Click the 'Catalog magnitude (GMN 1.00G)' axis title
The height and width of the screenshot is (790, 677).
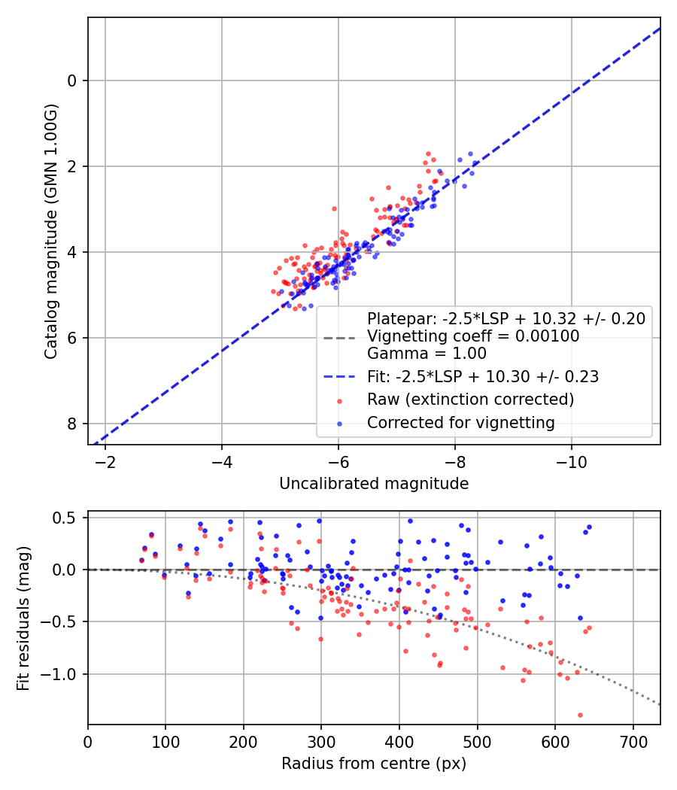51,232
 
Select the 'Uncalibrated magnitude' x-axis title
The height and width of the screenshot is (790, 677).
374,484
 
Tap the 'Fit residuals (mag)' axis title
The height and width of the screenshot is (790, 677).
23,618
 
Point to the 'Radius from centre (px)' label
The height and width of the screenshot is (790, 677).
374,764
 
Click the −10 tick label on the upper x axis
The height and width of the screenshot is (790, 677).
571,462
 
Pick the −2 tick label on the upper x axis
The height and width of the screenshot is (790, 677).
105,462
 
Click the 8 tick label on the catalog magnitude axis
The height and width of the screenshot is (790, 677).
72,424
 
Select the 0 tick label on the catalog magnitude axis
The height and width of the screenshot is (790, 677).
72,81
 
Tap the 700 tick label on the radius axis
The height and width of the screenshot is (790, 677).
633,742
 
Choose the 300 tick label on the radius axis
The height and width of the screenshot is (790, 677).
321,742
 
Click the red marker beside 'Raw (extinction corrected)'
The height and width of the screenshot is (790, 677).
339,401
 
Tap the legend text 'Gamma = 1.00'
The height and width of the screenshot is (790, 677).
427,353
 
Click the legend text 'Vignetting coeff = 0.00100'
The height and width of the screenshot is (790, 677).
473,336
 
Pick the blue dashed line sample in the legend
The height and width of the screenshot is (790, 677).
339,377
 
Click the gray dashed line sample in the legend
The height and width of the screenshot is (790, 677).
339,336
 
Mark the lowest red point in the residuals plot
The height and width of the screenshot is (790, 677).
580,715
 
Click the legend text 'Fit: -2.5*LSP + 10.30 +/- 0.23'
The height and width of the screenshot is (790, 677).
483,377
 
